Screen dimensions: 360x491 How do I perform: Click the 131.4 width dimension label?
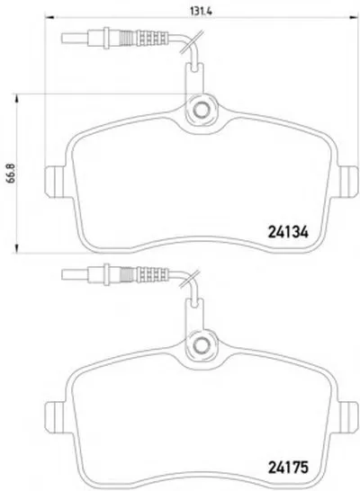pyautogui.click(x=202, y=11)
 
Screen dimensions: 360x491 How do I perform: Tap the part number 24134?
pyautogui.click(x=288, y=232)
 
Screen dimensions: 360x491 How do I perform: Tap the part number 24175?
pyautogui.click(x=288, y=469)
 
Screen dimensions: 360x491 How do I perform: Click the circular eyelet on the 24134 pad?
pyautogui.click(x=201, y=110)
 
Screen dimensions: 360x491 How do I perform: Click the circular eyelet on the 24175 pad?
pyautogui.click(x=201, y=345)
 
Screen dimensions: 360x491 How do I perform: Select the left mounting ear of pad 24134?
pyautogui.click(x=55, y=182)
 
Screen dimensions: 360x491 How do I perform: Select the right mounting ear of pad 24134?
pyautogui.click(x=348, y=182)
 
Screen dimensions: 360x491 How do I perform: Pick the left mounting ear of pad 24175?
pyautogui.click(x=55, y=417)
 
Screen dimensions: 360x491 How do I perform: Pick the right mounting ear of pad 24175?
pyautogui.click(x=348, y=417)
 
